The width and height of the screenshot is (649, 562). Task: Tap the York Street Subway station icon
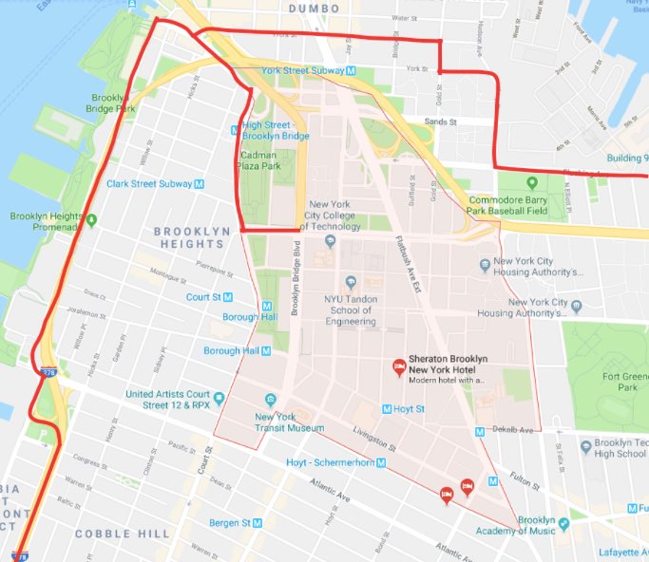(x=352, y=71)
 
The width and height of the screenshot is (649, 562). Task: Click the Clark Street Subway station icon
(x=199, y=183)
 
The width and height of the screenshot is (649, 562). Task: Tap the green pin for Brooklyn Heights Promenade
(x=92, y=221)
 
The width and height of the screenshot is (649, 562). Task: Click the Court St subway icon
(x=229, y=297)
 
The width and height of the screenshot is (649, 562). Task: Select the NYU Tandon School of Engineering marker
(x=351, y=282)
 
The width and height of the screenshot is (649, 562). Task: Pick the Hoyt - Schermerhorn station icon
(x=380, y=463)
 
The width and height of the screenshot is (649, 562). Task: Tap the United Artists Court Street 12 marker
(x=139, y=395)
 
